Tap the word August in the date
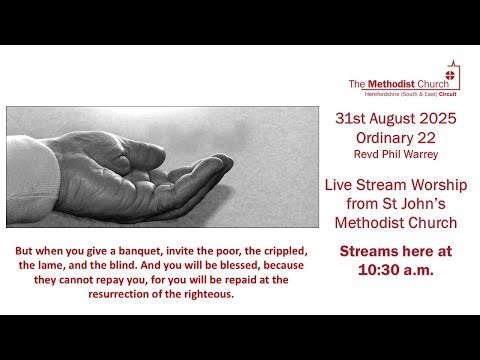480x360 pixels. [395, 118]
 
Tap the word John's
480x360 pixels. [432, 204]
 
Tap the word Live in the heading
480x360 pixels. [343, 185]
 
